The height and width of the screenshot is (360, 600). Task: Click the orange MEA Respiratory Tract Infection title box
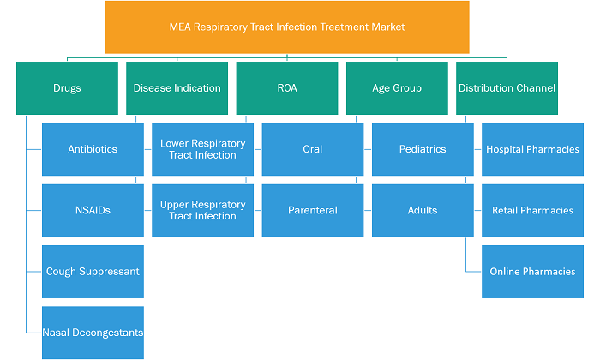(x=287, y=27)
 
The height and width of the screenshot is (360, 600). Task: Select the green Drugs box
(x=68, y=88)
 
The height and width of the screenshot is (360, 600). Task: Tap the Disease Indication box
(x=177, y=88)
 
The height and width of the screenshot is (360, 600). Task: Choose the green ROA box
(x=287, y=88)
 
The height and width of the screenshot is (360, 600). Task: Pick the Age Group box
(x=397, y=88)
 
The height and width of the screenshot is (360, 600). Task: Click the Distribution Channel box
(x=507, y=88)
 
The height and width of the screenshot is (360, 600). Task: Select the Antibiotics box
(x=93, y=149)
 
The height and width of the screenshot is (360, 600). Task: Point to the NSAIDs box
(x=93, y=210)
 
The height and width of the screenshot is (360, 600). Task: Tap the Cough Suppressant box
(x=93, y=272)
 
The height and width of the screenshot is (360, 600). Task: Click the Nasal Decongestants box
(x=93, y=333)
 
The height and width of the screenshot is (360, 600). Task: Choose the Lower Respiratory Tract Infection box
(x=203, y=149)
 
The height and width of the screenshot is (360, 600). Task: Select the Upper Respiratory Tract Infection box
(x=203, y=210)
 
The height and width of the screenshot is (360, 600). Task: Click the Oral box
(x=313, y=149)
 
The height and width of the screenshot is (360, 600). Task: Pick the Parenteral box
(x=313, y=210)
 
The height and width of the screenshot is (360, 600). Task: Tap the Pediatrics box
(x=423, y=149)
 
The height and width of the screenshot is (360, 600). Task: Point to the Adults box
(x=423, y=210)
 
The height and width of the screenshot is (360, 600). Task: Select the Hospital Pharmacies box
(x=532, y=149)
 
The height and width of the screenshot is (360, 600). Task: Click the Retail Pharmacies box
(x=532, y=210)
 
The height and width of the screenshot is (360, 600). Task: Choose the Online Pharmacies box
(x=532, y=272)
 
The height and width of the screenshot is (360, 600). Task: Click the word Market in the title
(x=388, y=27)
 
